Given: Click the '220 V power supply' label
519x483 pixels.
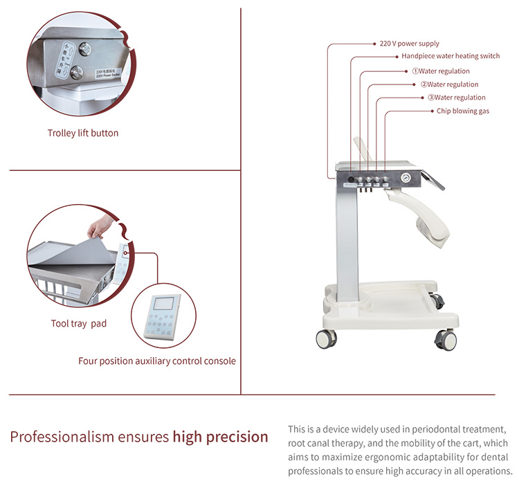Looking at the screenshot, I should click(x=410, y=44).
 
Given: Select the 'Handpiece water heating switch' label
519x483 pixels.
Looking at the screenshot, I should click(x=450, y=57).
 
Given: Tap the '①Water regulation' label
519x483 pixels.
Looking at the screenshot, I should click(x=441, y=71).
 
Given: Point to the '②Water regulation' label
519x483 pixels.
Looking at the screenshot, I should click(x=449, y=84).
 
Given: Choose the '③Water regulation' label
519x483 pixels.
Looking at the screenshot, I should click(x=456, y=98).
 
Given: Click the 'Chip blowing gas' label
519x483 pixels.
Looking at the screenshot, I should click(x=463, y=111).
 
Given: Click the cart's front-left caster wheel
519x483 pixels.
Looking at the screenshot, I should click(x=326, y=338).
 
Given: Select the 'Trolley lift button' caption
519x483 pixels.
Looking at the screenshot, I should click(x=83, y=133).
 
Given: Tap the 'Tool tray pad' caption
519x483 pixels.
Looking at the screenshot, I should click(x=79, y=323).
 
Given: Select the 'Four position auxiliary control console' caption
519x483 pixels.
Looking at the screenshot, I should click(x=157, y=361).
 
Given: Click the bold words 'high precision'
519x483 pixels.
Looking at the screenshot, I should click(x=221, y=437).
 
